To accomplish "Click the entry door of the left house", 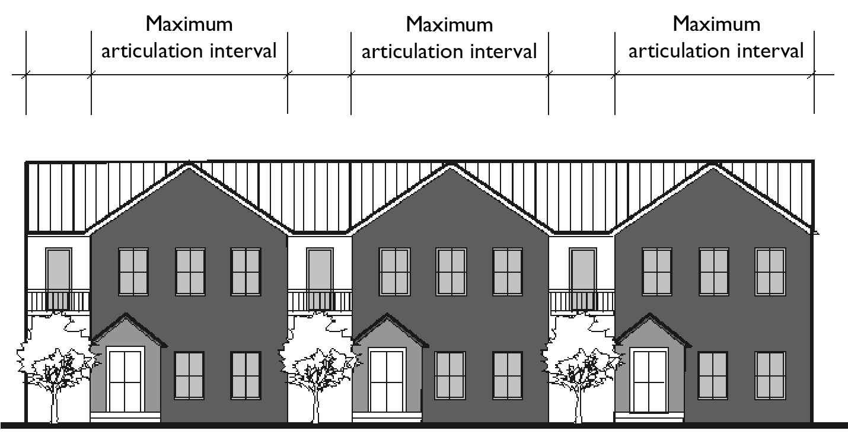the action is coord(126,380).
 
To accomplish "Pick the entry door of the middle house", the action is coord(387,380).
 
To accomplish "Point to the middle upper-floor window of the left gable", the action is coord(190,272).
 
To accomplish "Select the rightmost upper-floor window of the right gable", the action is coord(770,272).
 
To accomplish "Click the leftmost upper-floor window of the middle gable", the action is coord(394,272).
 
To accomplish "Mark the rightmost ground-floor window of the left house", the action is coord(246,375).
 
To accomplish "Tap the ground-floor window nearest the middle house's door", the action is coord(450,375).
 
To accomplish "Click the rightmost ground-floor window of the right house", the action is coord(770,375).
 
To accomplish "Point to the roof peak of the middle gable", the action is coord(451,166).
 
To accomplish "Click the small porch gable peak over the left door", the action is coord(126,316).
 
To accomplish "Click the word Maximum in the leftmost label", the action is coord(189,25).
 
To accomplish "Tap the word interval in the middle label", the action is coord(503,51).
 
